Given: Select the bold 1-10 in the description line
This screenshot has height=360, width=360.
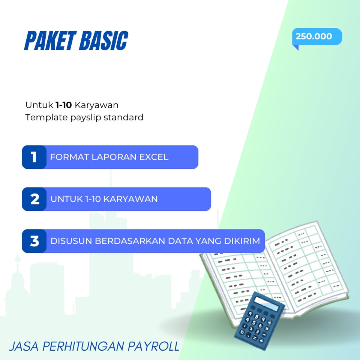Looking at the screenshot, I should [x=63, y=105].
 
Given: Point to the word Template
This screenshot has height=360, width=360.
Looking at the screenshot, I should [x=46, y=117].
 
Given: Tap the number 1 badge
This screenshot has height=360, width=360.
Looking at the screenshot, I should [x=34, y=157].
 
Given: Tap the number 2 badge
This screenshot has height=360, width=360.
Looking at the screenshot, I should [x=34, y=199].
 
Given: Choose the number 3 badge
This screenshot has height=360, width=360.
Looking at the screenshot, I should [x=34, y=241].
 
